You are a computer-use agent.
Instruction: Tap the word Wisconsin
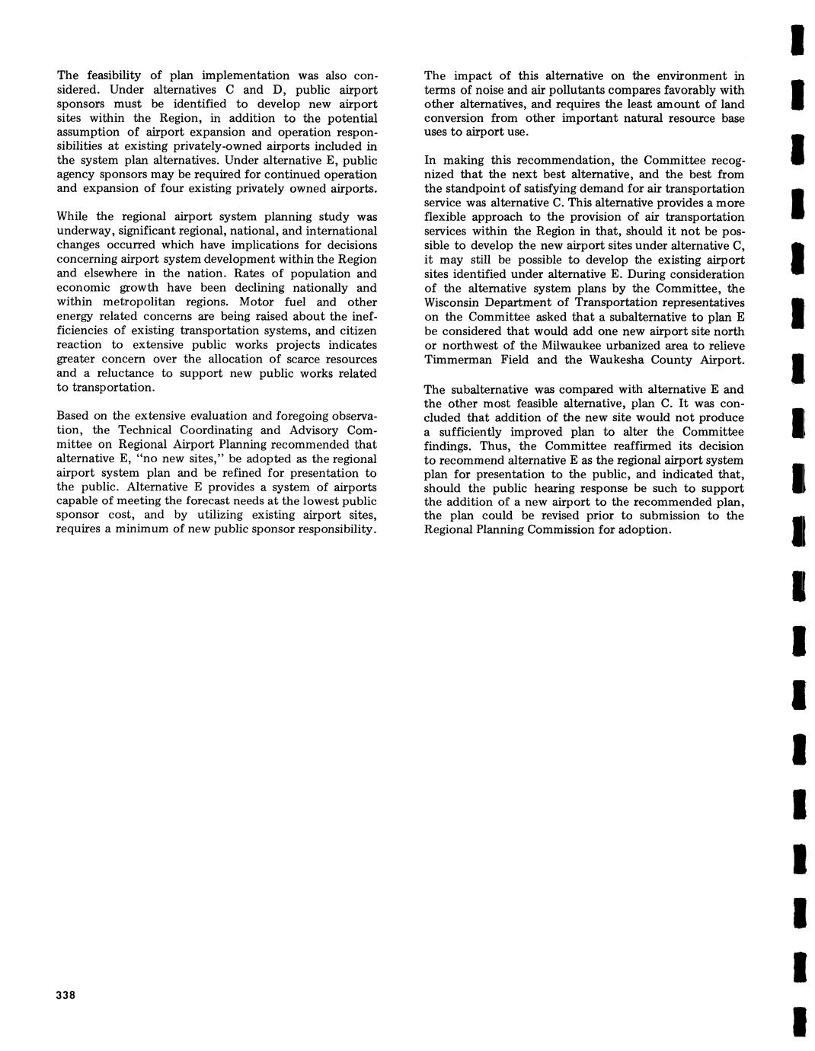[454, 303]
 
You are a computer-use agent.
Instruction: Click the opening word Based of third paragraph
[74, 416]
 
